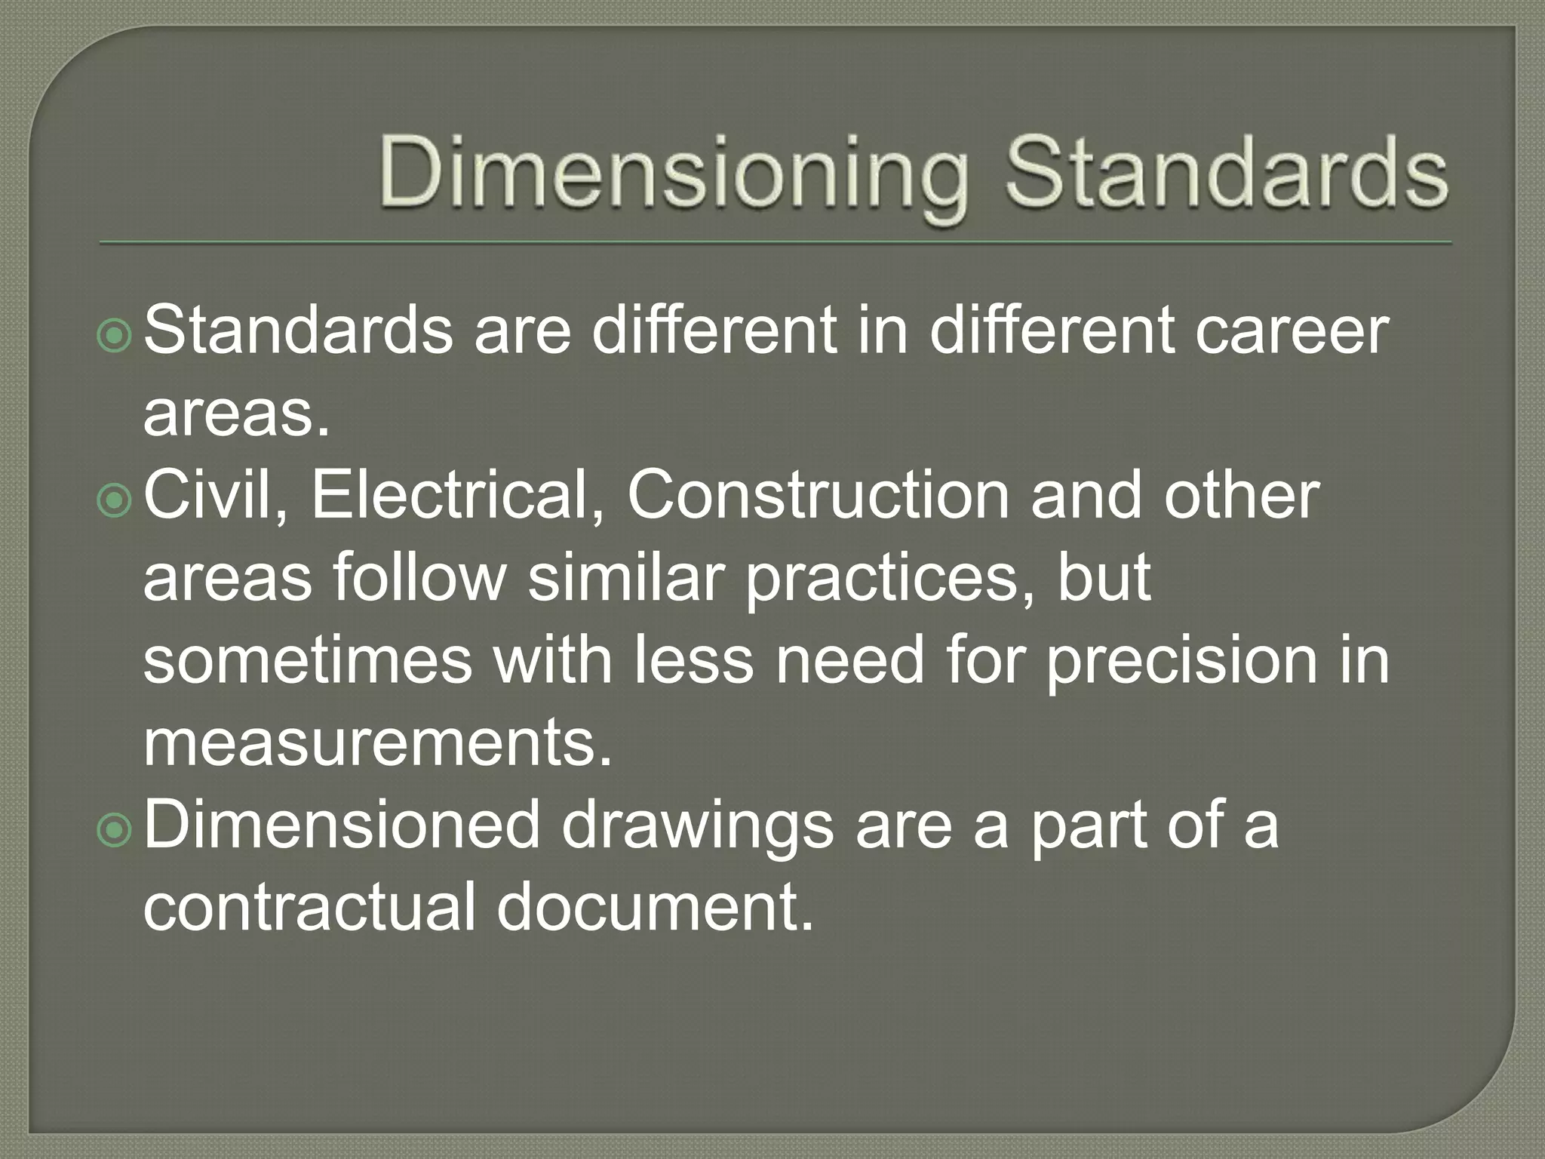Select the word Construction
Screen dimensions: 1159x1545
[818, 496]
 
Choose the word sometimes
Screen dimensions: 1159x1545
[308, 661]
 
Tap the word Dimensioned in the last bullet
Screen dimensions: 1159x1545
[342, 825]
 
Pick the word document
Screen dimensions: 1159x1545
[655, 907]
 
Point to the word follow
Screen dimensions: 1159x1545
[419, 578]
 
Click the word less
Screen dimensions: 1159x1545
[693, 661]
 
